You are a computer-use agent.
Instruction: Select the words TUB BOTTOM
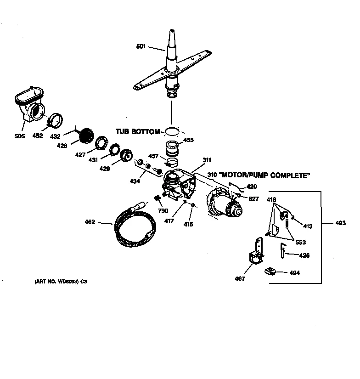(x=137, y=132)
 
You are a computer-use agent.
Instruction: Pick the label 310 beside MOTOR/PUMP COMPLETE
(x=212, y=175)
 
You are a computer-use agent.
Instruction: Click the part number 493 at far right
(x=340, y=223)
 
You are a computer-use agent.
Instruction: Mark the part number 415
(x=188, y=224)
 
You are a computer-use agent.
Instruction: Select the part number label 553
(x=300, y=242)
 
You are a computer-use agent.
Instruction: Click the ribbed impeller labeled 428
(x=85, y=135)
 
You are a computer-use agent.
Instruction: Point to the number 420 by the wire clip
(x=252, y=187)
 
